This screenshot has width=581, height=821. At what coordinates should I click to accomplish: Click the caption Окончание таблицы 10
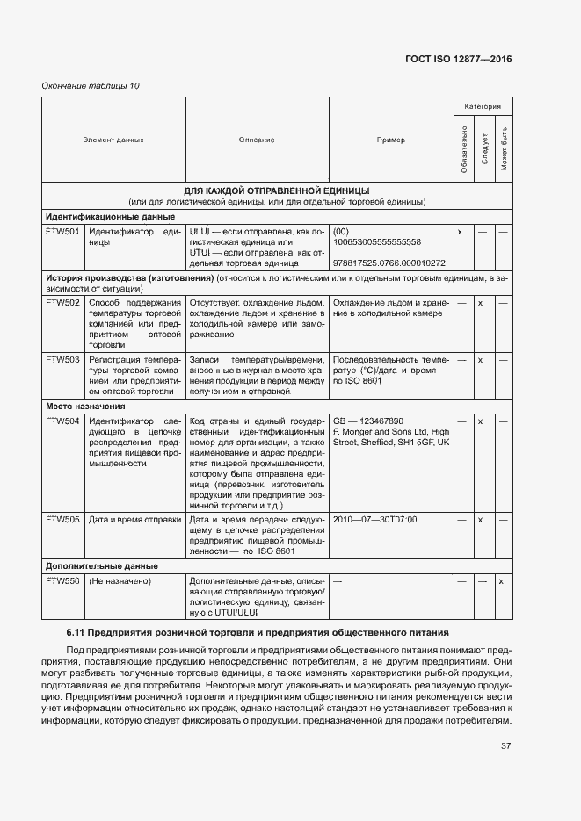91,85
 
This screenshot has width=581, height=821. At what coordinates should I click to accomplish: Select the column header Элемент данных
113,140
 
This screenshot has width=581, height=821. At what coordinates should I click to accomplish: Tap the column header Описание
257,140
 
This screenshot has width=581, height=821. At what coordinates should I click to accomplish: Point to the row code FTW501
62,232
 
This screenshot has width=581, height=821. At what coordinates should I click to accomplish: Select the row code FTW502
62,303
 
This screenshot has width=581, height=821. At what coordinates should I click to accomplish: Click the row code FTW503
62,360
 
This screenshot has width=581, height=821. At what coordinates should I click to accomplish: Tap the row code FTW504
62,421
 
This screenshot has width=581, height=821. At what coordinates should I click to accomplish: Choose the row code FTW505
62,520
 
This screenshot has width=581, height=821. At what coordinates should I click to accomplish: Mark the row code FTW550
62,581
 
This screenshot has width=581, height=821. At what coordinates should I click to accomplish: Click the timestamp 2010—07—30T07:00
374,520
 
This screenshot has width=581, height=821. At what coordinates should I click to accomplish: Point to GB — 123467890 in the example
368,421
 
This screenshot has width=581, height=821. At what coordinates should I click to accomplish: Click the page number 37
505,746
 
